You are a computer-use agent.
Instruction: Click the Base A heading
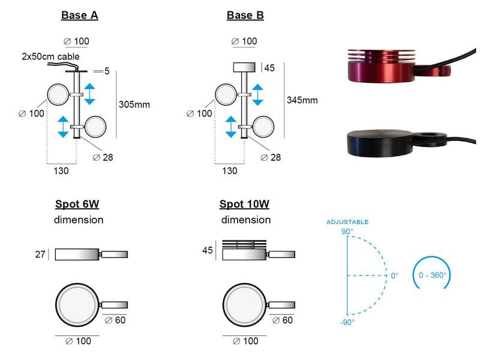[80, 16]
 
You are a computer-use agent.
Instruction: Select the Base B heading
[245, 16]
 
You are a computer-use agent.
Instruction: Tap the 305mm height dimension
[134, 104]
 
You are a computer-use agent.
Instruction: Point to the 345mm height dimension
[302, 100]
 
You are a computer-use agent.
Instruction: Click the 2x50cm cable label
[50, 56]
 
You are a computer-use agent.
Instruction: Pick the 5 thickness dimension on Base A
[107, 71]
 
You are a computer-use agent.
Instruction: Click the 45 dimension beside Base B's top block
[269, 68]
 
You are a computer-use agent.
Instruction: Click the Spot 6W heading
[77, 204]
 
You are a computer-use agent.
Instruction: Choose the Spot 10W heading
[244, 204]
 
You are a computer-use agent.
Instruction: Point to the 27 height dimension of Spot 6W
[40, 254]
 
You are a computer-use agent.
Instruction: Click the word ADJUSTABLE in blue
[347, 222]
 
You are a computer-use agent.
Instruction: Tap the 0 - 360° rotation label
[432, 275]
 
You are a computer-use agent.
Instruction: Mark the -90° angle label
[347, 322]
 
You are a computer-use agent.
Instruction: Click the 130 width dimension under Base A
[61, 171]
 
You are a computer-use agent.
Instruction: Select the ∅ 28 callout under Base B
[271, 157]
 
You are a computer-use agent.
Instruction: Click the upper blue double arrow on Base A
[89, 94]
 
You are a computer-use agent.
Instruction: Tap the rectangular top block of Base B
[244, 67]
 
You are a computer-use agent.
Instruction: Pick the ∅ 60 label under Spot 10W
[283, 320]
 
